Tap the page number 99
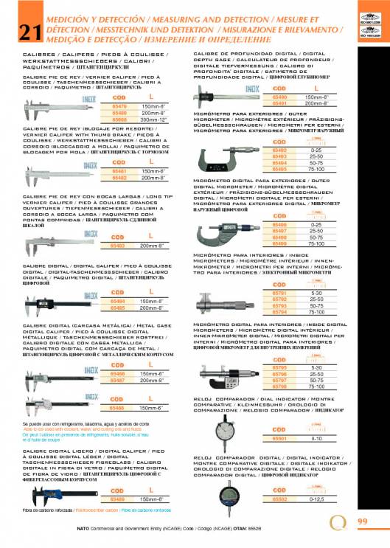click(362, 521)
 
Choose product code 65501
click(280, 438)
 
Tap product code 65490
click(280, 97)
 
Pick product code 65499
click(280, 243)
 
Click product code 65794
click(280, 311)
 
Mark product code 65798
click(280, 386)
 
